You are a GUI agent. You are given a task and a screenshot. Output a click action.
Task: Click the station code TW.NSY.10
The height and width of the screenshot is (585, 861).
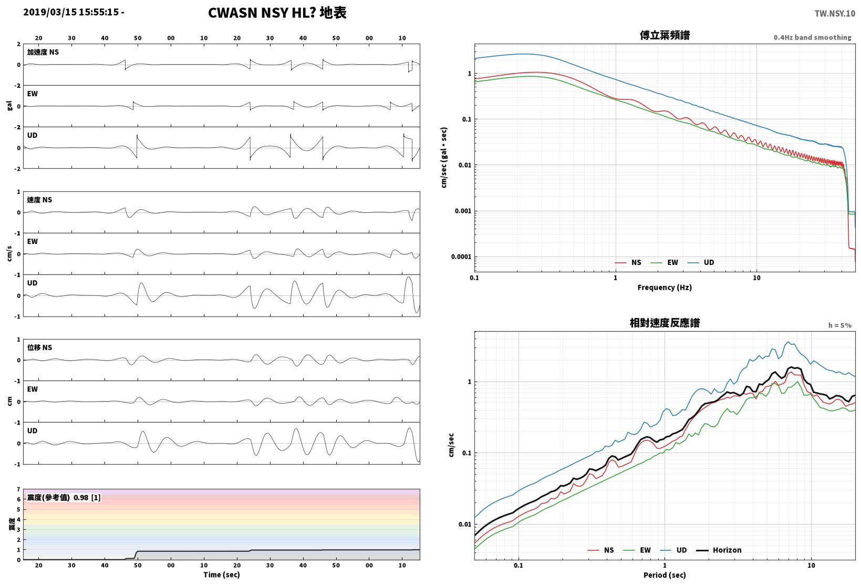pyautogui.click(x=835, y=14)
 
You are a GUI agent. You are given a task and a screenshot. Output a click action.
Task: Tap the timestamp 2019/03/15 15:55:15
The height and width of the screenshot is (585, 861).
pyautogui.click(x=71, y=12)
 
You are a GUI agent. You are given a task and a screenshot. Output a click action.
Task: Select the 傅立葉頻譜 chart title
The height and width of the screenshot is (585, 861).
pyautogui.click(x=665, y=35)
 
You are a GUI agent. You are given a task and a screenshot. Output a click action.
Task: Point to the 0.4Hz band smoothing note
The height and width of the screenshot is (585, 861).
pyautogui.click(x=812, y=37)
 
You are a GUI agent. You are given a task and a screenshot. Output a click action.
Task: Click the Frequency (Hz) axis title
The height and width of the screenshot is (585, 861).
pyautogui.click(x=664, y=288)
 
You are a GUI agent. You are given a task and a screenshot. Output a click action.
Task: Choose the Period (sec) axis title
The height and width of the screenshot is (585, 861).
pyautogui.click(x=664, y=574)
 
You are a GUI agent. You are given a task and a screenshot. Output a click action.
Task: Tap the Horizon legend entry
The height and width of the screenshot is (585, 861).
pyautogui.click(x=719, y=550)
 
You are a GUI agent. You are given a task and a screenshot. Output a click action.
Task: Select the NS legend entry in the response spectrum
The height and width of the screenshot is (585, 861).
pyautogui.click(x=601, y=550)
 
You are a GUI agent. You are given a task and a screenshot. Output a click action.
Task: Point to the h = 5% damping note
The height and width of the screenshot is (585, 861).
pyautogui.click(x=839, y=325)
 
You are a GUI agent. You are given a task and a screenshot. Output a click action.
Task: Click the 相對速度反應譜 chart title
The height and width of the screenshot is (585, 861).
pyautogui.click(x=665, y=323)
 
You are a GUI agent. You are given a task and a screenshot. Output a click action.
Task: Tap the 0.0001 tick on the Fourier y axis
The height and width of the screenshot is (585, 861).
pyautogui.click(x=461, y=256)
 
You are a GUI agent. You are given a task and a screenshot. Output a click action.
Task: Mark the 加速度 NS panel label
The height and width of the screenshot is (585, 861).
pyautogui.click(x=43, y=53)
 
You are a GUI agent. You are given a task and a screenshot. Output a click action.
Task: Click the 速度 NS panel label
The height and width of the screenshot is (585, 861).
pyautogui.click(x=39, y=200)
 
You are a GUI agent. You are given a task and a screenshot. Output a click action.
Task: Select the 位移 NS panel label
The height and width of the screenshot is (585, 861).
pyautogui.click(x=39, y=348)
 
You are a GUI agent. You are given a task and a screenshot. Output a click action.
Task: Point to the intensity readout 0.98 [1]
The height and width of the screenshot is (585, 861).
pyautogui.click(x=87, y=497)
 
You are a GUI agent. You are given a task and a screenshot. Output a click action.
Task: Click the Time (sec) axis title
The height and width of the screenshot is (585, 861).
pyautogui.click(x=221, y=574)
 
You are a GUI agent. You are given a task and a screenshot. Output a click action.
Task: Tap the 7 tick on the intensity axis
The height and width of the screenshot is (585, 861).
pyautogui.click(x=18, y=489)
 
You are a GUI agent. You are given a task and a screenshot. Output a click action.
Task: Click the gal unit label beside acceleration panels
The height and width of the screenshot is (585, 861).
pyautogui.click(x=9, y=106)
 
